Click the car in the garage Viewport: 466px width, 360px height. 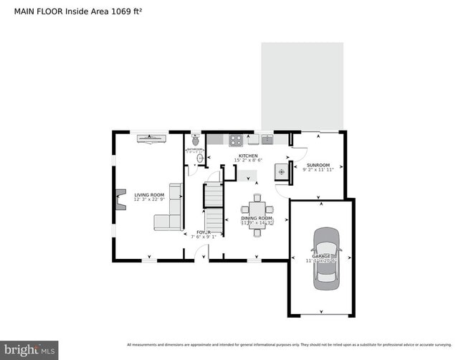point(327,258)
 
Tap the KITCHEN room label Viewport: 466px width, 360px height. point(248,155)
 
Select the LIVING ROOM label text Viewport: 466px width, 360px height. point(149,195)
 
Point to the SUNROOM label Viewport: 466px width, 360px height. point(318,165)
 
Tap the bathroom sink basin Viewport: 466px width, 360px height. point(200,158)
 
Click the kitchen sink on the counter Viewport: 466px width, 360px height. point(267,138)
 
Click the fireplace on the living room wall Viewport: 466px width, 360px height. point(120,200)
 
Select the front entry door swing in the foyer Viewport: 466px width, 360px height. point(203,252)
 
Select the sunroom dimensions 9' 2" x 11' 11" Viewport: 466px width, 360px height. point(318,171)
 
